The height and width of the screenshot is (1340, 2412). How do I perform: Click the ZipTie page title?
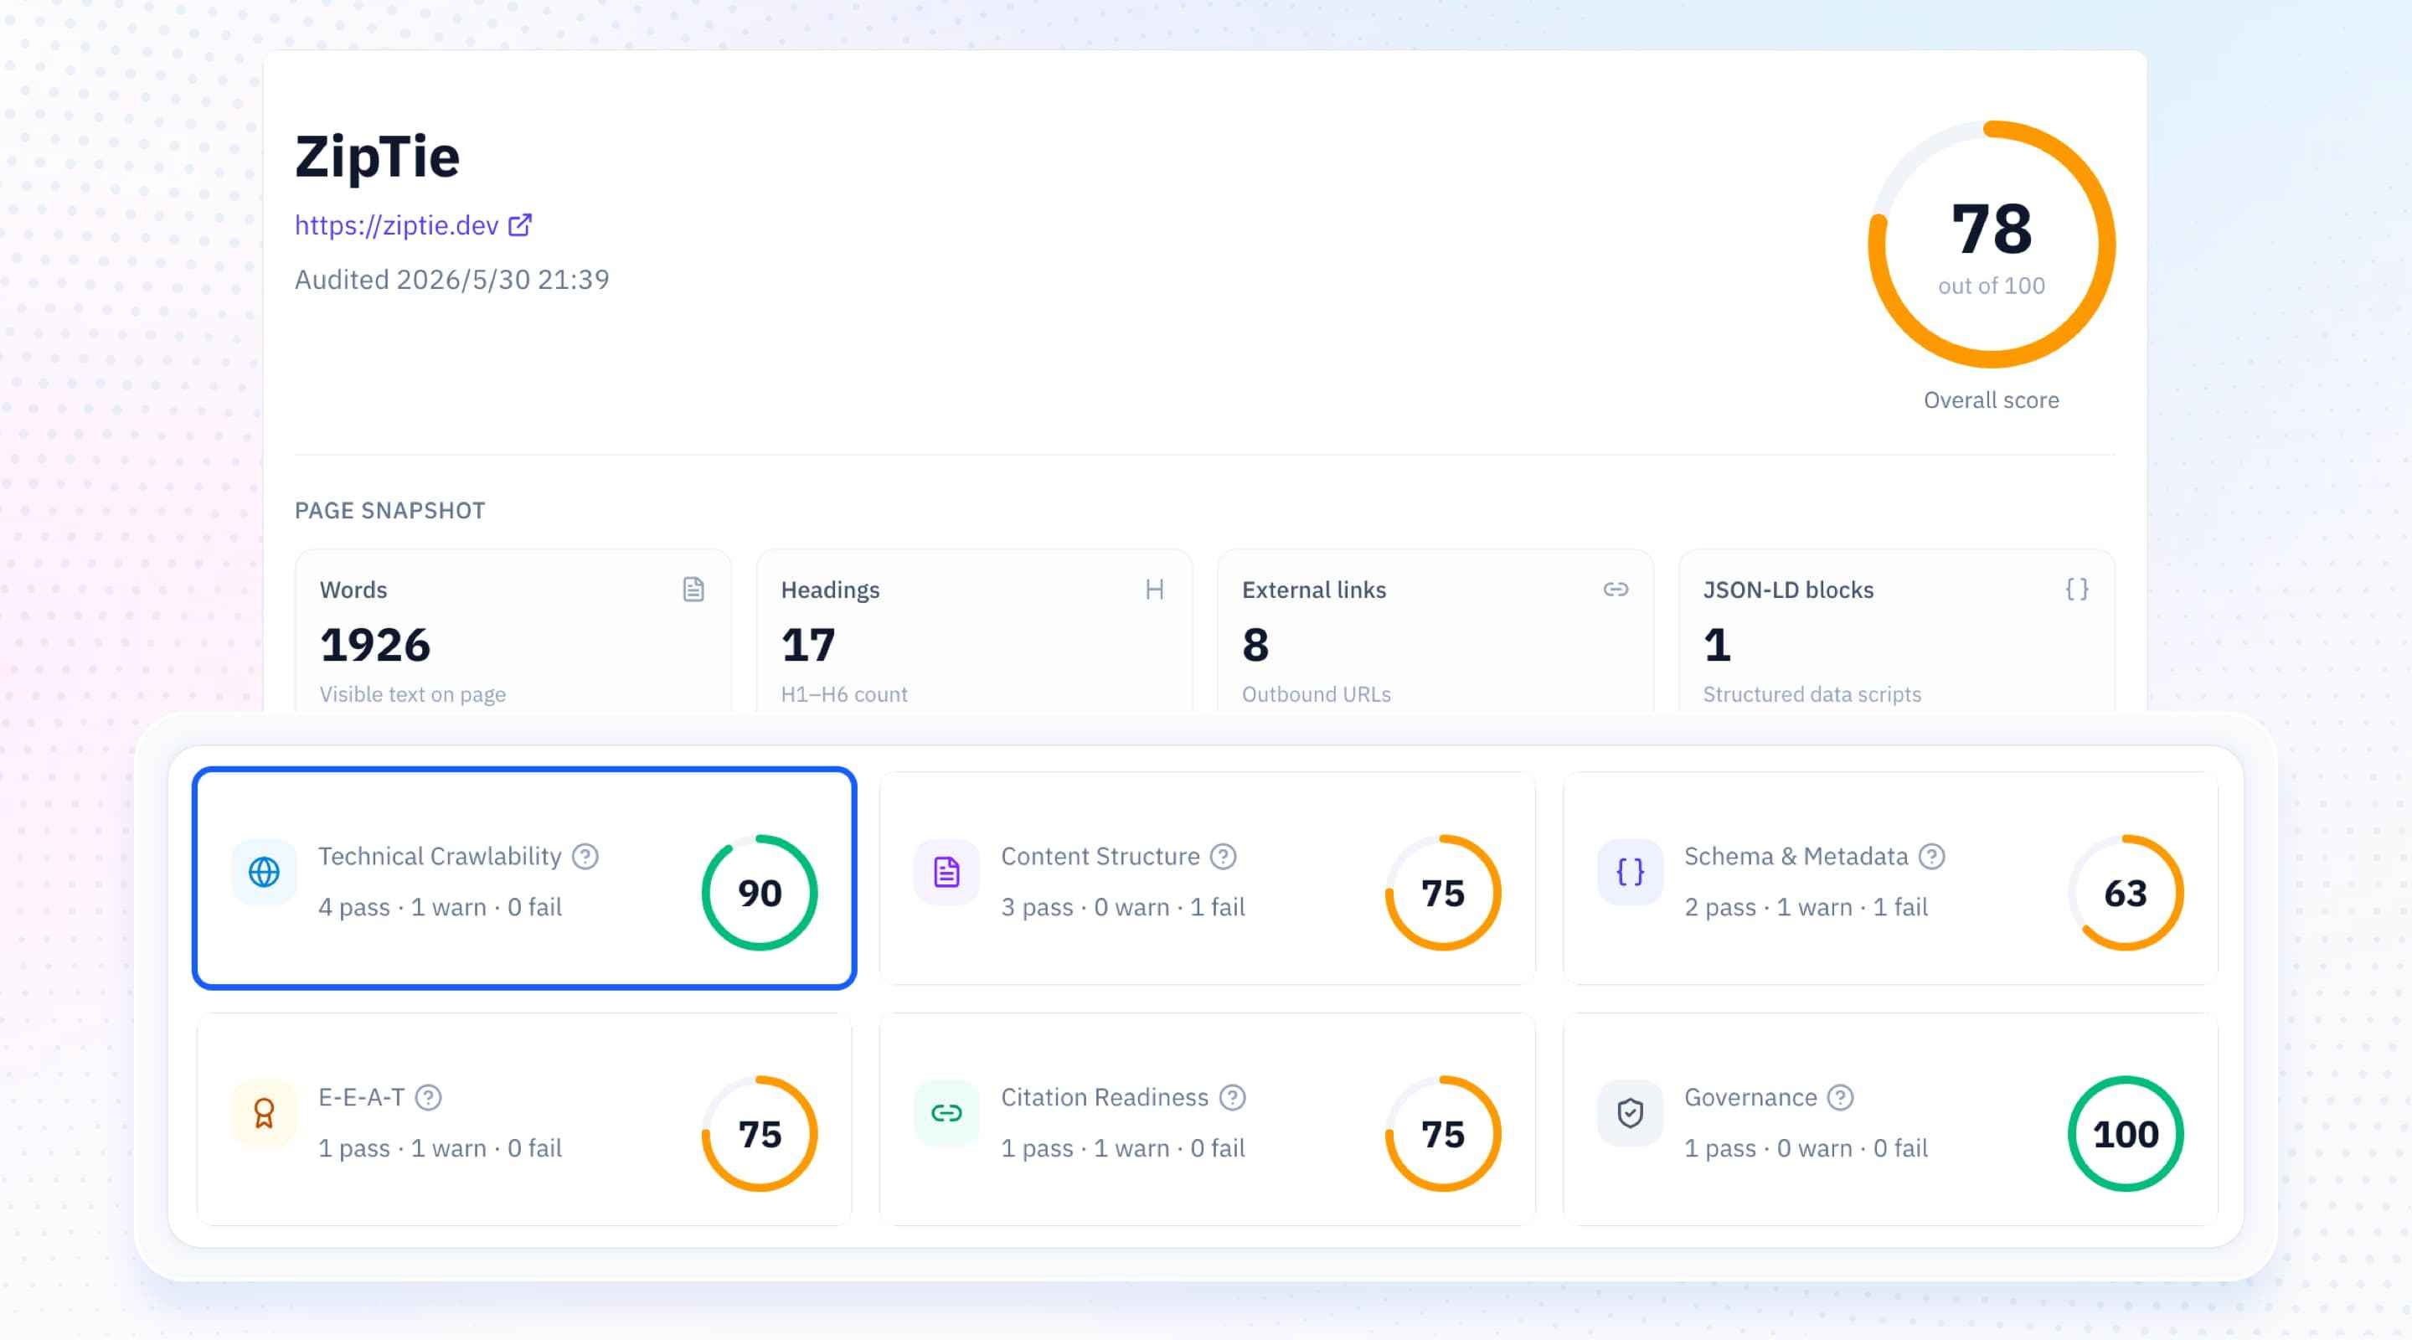click(378, 157)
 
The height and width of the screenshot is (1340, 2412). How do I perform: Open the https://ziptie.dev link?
click(397, 225)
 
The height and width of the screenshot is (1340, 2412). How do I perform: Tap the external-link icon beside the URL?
click(519, 224)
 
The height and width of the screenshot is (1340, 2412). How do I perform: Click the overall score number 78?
click(1992, 229)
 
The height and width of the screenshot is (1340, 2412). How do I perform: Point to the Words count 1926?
click(374, 644)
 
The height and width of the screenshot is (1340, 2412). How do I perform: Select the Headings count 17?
click(808, 644)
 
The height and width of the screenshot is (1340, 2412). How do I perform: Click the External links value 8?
click(1255, 644)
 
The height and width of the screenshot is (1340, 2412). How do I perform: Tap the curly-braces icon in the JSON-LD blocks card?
click(2077, 589)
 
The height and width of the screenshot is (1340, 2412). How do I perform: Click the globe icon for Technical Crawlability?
click(264, 872)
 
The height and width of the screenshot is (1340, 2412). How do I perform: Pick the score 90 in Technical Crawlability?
click(760, 893)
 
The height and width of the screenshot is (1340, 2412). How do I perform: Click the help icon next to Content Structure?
click(1223, 856)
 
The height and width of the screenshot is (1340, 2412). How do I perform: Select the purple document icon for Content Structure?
click(946, 872)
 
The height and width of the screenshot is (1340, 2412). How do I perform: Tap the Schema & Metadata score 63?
click(2126, 893)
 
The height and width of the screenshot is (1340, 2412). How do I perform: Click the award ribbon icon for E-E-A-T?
click(264, 1112)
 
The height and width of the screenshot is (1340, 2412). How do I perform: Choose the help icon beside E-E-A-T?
click(428, 1096)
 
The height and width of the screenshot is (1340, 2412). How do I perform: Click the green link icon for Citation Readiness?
click(946, 1112)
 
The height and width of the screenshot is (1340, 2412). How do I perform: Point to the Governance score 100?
click(2126, 1134)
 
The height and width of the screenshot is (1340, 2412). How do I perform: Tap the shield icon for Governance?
click(1630, 1112)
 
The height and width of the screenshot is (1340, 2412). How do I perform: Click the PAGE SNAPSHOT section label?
click(390, 510)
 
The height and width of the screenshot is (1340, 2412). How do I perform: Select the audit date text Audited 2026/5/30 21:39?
click(452, 279)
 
